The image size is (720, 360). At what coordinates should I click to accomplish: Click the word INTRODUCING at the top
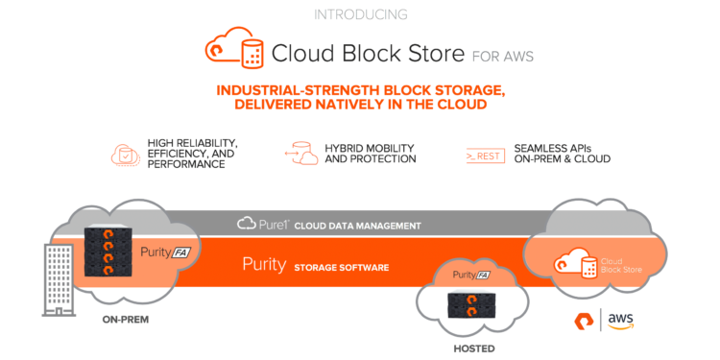tap(359, 14)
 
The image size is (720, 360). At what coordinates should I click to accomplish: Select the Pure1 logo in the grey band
tap(260, 225)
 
